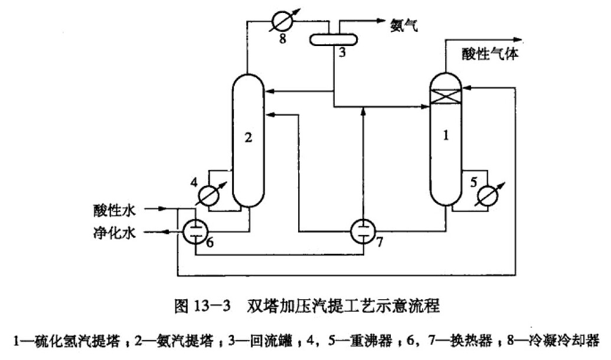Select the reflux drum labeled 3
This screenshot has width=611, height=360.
tap(334, 38)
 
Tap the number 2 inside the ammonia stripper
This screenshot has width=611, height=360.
tap(249, 138)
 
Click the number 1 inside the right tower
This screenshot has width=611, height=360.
tap(446, 136)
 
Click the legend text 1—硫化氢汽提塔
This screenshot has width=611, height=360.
tap(66, 341)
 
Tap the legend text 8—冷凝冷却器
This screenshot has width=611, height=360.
tap(557, 341)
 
